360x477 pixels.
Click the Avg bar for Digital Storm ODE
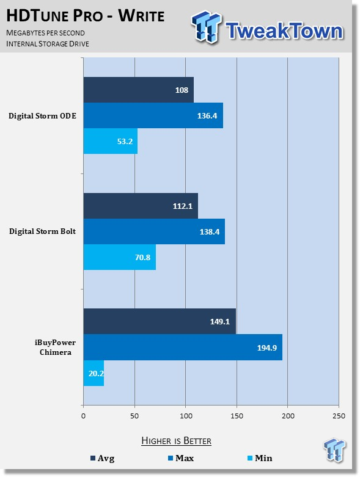click(x=139, y=90)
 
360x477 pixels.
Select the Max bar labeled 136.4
click(x=153, y=115)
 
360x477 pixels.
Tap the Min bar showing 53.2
click(x=111, y=141)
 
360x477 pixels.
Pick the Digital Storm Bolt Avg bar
click(x=141, y=206)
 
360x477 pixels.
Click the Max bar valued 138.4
click(x=154, y=231)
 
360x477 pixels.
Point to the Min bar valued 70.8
click(x=120, y=257)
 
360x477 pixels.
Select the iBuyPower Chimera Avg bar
click(x=160, y=321)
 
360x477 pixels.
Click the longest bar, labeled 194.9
click(x=183, y=347)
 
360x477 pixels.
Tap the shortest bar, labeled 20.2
click(x=94, y=373)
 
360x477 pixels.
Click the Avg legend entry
click(x=103, y=458)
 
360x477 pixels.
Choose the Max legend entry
click(x=181, y=458)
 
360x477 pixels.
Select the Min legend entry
click(x=260, y=458)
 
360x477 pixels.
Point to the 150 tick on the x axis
click(x=237, y=416)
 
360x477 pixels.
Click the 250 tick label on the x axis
click(x=339, y=416)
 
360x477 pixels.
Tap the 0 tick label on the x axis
click(x=83, y=416)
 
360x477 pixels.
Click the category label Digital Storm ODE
click(x=42, y=116)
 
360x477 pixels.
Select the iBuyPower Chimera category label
click(x=55, y=348)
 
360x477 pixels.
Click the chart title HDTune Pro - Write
click(x=86, y=16)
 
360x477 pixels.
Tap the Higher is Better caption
click(x=176, y=441)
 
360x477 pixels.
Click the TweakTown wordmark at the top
click(x=284, y=31)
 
